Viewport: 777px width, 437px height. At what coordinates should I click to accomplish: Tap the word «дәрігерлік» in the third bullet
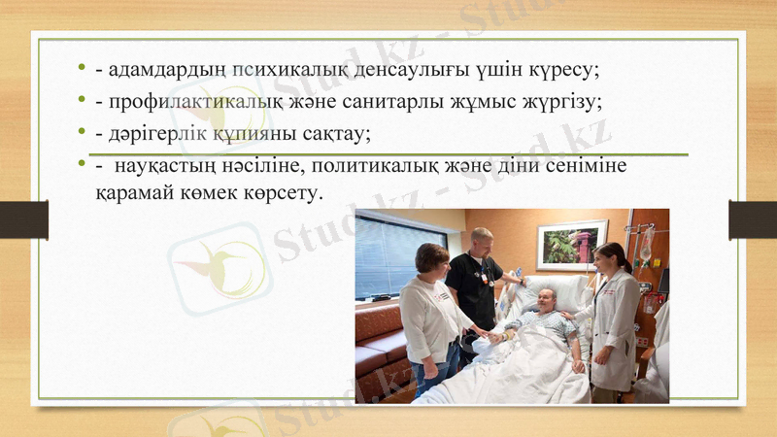point(151,133)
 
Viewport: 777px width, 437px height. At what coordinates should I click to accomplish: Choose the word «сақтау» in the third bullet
point(334,133)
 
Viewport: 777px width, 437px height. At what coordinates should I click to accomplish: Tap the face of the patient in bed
point(547,300)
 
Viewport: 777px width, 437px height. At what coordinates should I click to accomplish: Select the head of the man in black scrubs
point(481,240)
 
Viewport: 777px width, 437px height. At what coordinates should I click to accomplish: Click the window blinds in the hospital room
point(386,254)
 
